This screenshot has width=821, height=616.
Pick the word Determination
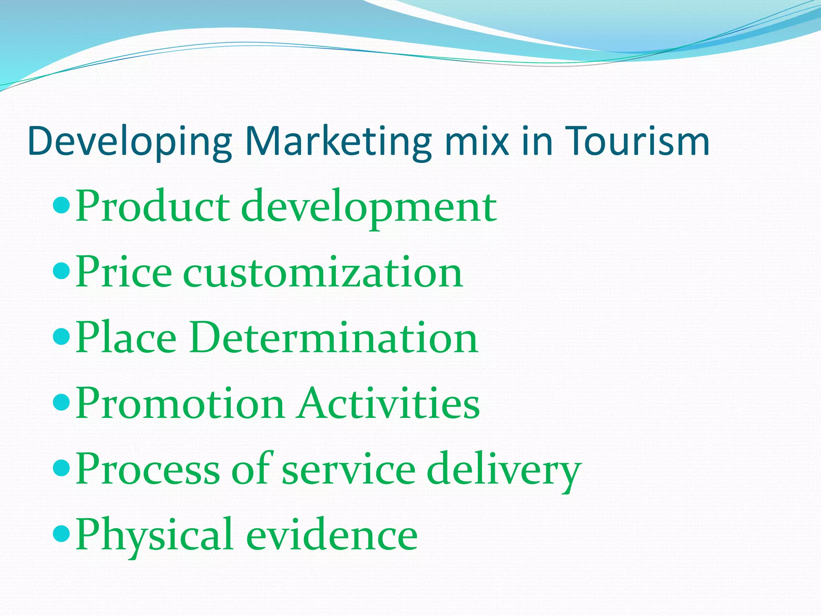click(334, 338)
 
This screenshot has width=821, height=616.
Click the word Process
click(148, 469)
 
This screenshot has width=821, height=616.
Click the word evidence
click(332, 535)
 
